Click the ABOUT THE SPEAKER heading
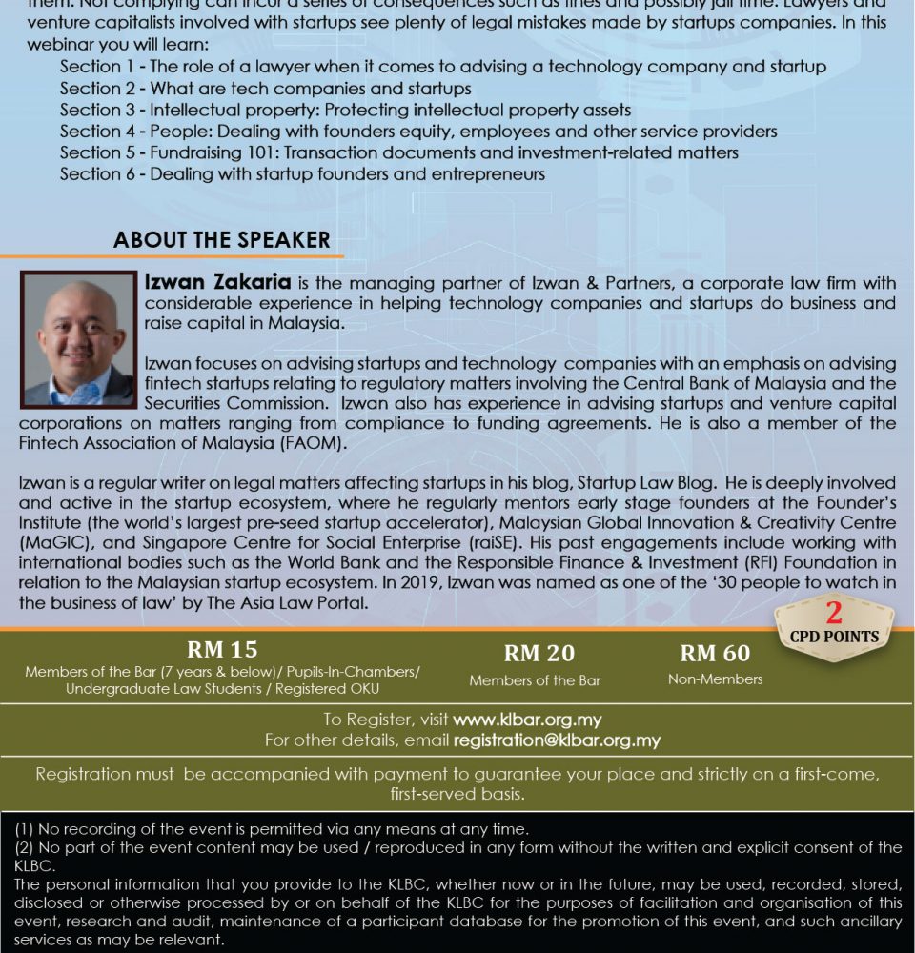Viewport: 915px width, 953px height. [x=221, y=240]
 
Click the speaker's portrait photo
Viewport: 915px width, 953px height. [x=79, y=339]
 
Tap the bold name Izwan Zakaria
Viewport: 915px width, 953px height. [x=218, y=283]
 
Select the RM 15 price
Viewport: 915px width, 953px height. [x=222, y=650]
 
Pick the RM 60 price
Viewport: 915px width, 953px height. [x=715, y=653]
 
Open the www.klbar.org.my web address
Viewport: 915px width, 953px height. [x=527, y=720]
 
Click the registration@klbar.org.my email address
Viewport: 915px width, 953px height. [x=557, y=740]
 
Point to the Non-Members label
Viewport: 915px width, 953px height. [x=715, y=679]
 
